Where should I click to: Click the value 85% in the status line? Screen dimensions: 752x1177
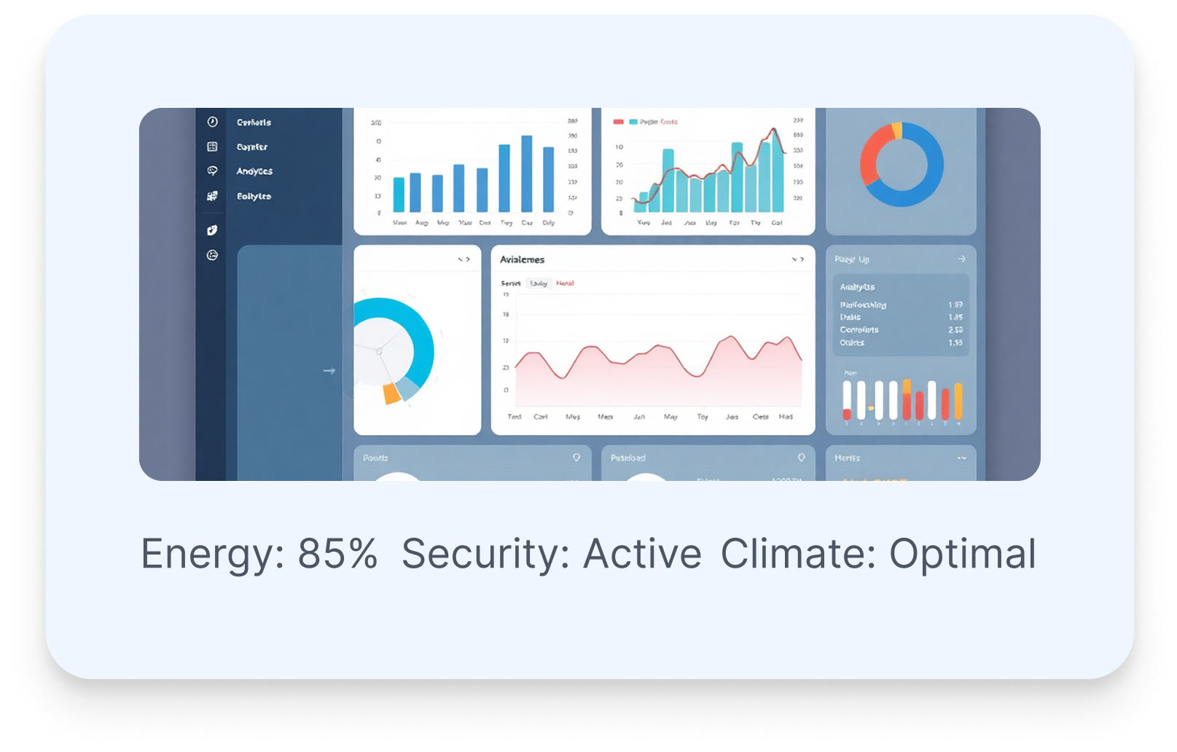tap(337, 554)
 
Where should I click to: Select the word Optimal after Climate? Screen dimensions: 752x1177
tap(962, 554)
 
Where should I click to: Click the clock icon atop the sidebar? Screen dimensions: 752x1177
tap(212, 122)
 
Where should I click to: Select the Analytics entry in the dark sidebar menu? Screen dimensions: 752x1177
tap(254, 171)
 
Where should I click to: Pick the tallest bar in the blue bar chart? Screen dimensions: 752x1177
tap(526, 173)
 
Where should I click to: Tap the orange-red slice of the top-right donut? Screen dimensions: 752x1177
tap(872, 155)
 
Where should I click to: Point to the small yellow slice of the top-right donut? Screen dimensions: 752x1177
tap(896, 130)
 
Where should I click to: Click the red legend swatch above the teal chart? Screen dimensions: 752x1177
tap(619, 122)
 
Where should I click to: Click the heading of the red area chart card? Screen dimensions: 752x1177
tap(522, 259)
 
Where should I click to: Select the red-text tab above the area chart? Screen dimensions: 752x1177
tap(565, 283)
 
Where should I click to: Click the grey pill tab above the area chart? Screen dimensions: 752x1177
tap(539, 283)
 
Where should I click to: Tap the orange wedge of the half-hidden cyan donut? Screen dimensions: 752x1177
tap(392, 393)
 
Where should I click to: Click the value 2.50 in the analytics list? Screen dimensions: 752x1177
tap(955, 330)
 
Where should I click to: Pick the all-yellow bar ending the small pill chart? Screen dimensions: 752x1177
tap(958, 402)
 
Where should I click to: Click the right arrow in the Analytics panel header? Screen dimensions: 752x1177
tap(961, 259)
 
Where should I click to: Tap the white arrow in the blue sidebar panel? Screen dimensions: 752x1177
tap(329, 371)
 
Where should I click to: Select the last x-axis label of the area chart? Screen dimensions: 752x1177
tap(786, 417)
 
